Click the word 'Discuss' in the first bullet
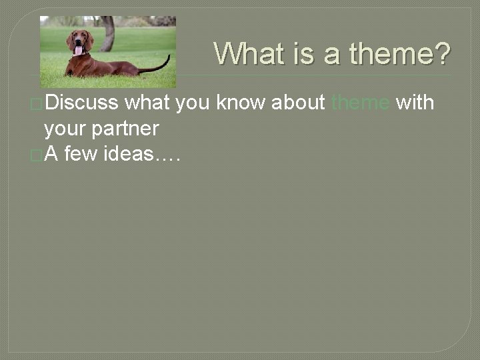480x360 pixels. pyautogui.click(x=82, y=103)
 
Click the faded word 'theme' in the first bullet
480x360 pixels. pyautogui.click(x=360, y=103)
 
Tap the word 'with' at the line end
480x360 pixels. pyautogui.click(x=415, y=103)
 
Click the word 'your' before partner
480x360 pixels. pyautogui.click(x=65, y=128)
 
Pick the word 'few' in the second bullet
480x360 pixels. pyautogui.click(x=82, y=154)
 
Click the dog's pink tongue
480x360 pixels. pyautogui.click(x=79, y=50)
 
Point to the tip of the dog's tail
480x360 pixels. pyautogui.click(x=168, y=57)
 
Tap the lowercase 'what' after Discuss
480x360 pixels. pyautogui.click(x=147, y=103)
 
